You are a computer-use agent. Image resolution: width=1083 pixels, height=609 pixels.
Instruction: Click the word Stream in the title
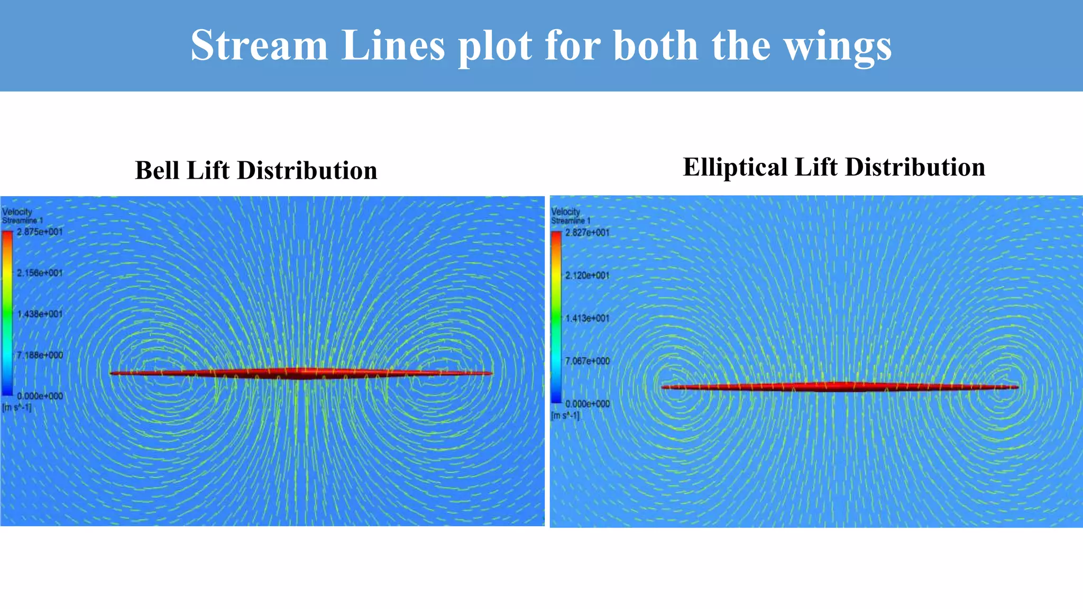pos(259,45)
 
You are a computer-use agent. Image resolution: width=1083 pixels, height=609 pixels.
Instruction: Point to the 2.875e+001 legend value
pos(40,232)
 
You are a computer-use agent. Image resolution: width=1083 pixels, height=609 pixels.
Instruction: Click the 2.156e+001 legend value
pos(40,273)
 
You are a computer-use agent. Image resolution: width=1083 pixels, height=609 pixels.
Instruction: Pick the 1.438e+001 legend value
pos(40,314)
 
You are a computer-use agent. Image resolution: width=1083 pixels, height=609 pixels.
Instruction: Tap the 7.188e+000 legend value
pos(40,355)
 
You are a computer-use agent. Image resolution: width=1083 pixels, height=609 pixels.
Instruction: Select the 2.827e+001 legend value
pos(587,233)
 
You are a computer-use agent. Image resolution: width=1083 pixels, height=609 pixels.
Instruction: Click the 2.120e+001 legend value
pos(587,275)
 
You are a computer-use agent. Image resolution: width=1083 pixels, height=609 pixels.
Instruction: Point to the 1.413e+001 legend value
pos(587,318)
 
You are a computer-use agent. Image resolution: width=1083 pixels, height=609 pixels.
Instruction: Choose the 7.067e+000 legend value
pos(587,361)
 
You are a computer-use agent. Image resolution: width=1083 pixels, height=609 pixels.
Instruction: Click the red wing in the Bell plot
pos(301,373)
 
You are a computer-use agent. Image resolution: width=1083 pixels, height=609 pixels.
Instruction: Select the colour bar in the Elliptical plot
pos(556,317)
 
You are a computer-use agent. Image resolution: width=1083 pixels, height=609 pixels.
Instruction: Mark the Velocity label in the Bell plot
pos(17,212)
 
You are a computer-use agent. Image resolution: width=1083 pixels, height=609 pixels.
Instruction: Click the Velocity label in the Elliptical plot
pos(565,212)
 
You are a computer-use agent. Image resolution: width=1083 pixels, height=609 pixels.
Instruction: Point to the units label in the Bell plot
pos(16,408)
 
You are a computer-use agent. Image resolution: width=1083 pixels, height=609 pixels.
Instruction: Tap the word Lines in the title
pos(393,45)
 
